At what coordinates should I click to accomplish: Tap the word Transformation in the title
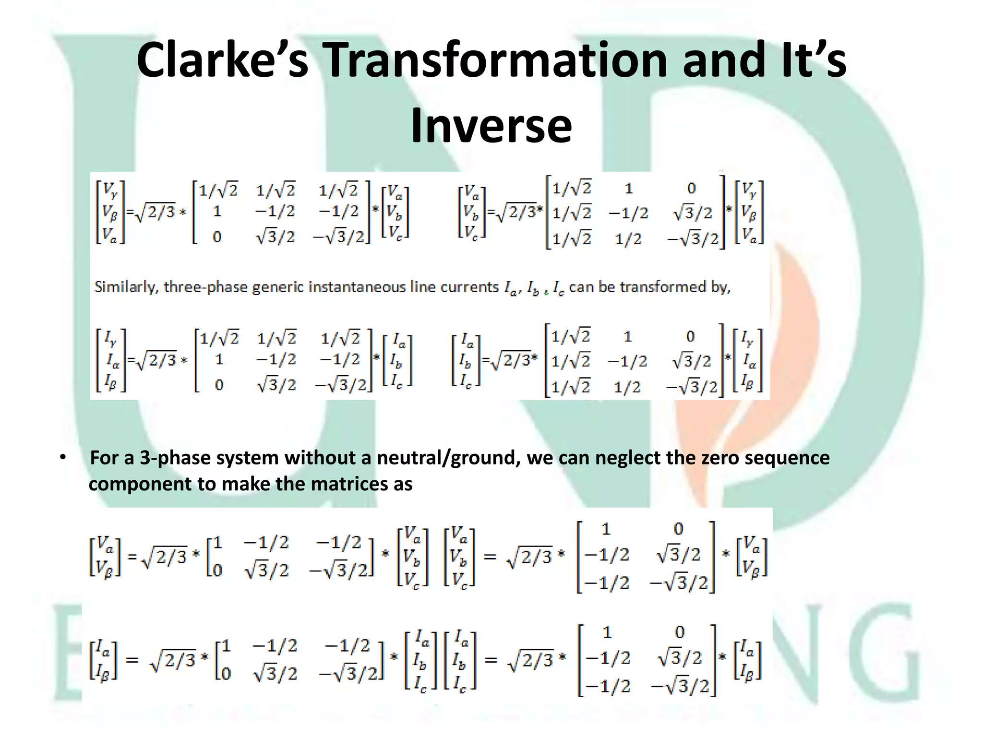498,60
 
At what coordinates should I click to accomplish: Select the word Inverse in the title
491,126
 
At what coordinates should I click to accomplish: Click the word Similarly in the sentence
126,287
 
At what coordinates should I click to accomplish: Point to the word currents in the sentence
470,287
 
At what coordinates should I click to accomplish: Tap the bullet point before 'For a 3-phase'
63,458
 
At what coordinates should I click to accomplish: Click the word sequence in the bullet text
787,458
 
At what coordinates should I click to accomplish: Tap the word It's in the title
814,60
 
